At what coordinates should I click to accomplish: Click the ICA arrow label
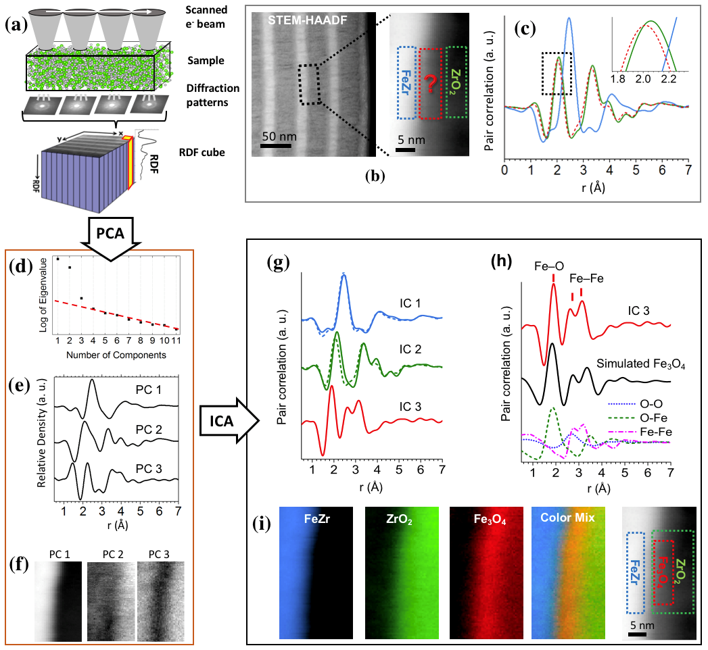coord(227,422)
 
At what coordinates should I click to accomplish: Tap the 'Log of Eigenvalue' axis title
coord(43,292)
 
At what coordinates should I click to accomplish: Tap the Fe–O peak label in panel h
coord(554,264)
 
